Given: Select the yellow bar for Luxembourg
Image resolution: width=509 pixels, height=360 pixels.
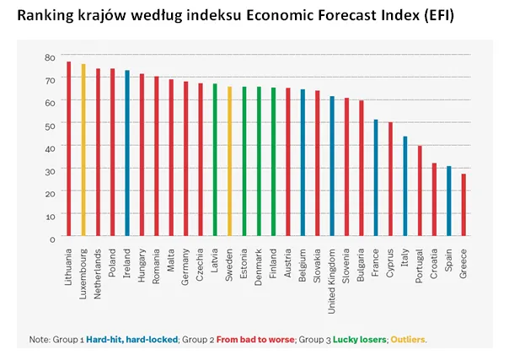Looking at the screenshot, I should [x=83, y=151].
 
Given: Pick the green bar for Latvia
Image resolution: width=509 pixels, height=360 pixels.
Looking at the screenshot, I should [x=215, y=160].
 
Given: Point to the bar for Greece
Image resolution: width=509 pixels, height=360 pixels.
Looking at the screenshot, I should [x=463, y=206].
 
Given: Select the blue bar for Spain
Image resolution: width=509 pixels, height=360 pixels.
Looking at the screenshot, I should [x=449, y=202].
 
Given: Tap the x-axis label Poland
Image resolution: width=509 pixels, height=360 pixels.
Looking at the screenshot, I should [x=113, y=263].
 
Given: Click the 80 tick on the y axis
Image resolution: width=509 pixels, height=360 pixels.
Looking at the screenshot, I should [x=51, y=56].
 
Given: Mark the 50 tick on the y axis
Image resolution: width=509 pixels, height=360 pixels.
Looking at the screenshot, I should [x=51, y=125].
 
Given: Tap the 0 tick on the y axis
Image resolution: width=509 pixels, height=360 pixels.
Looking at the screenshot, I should [x=53, y=239].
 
